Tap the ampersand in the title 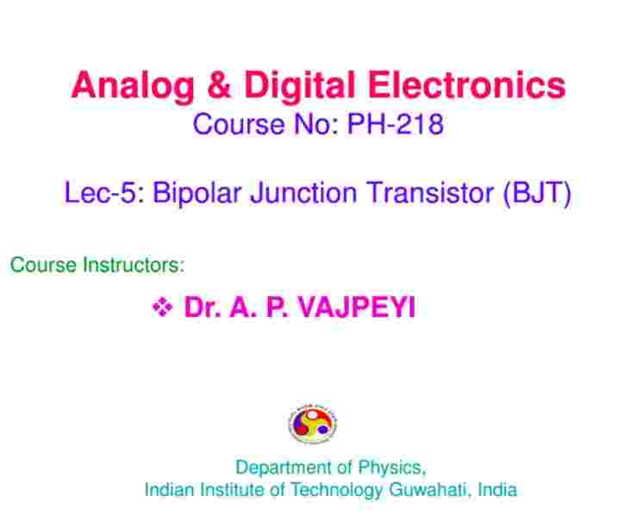pos(219,84)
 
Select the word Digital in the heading pos(299,86)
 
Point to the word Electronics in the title pos(466,84)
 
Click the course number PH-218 pos(396,124)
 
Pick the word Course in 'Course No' pos(239,124)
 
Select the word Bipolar pos(197,194)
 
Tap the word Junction pos(303,193)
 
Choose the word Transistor pos(431,193)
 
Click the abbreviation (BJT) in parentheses pos(537,194)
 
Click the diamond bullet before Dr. pos(162,307)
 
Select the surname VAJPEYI pos(357,307)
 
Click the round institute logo pos(312,423)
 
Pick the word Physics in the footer pos(392,468)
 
